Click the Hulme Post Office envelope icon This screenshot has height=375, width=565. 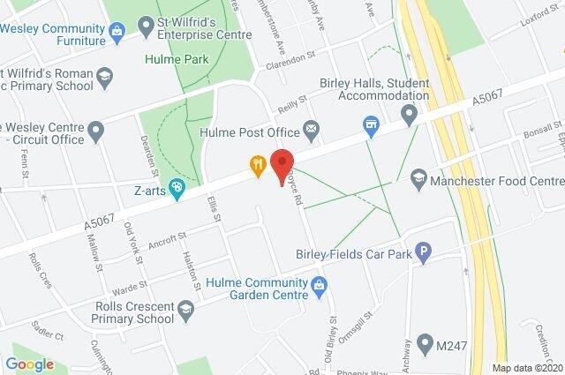(311, 131)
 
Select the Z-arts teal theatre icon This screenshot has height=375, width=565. (177, 188)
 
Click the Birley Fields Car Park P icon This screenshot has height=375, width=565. (424, 254)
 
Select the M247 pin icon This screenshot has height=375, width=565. (425, 342)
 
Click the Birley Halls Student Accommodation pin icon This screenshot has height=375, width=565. (409, 115)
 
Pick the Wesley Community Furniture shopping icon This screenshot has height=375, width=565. (117, 32)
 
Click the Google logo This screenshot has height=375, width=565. (29, 364)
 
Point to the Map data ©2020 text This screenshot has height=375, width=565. (526, 367)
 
